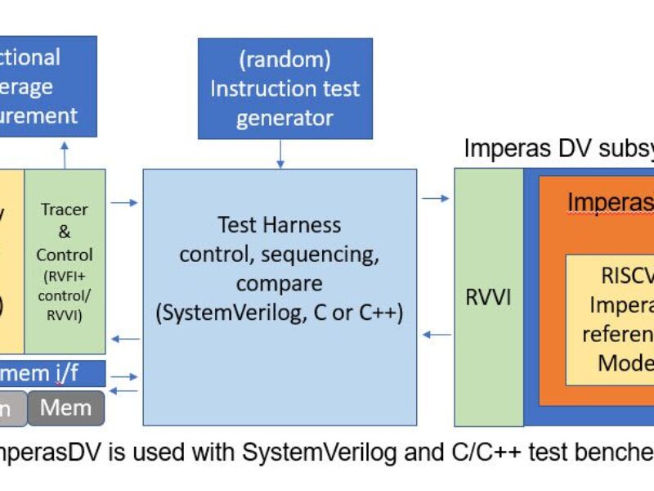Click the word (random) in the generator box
pyautogui.click(x=284, y=58)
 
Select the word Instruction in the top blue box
pyautogui.click(x=257, y=88)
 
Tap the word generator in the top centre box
pyautogui.click(x=284, y=118)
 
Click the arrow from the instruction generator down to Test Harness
pyautogui.click(x=280, y=154)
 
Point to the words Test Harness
pyautogui.click(x=280, y=223)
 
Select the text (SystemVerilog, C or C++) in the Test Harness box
pyautogui.click(x=280, y=313)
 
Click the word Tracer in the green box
pyautogui.click(x=65, y=209)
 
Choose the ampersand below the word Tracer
pyautogui.click(x=65, y=232)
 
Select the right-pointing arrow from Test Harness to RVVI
pyautogui.click(x=436, y=198)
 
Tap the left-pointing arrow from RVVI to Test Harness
pyautogui.click(x=436, y=334)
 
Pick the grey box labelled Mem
pyautogui.click(x=66, y=408)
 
